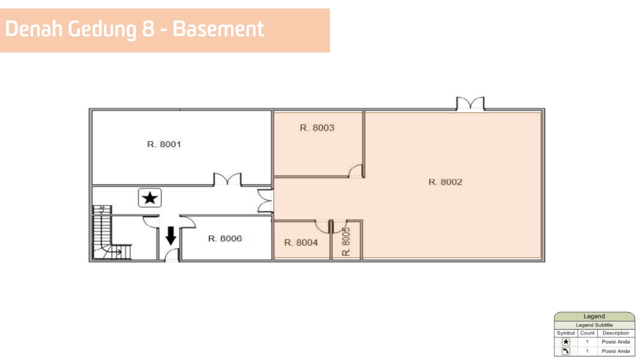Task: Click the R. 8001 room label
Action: (164, 144)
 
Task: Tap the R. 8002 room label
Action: (445, 182)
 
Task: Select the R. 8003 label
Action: (317, 127)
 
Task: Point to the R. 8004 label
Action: (301, 242)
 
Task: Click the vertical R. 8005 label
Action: (346, 241)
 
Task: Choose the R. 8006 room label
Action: (225, 238)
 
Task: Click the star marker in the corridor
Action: (149, 197)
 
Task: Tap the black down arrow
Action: (171, 235)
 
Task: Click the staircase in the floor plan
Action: (111, 233)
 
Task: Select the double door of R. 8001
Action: (227, 179)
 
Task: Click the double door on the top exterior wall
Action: (470, 103)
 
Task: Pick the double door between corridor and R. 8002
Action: (265, 200)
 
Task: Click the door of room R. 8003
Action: (355, 171)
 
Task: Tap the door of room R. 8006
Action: (187, 221)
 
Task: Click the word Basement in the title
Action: (218, 29)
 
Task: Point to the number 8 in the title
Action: (148, 29)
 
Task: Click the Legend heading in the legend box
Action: (594, 316)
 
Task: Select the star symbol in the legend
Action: (565, 341)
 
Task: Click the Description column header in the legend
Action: (615, 333)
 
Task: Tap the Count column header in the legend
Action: (587, 333)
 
